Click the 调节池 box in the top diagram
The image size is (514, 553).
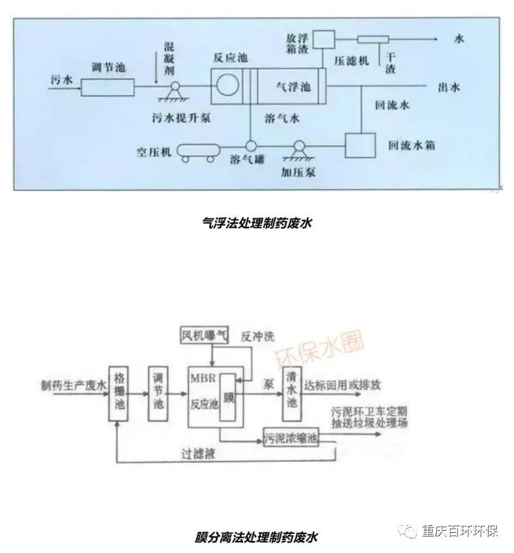108,85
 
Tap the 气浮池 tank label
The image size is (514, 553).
293,87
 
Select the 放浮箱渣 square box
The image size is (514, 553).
321,39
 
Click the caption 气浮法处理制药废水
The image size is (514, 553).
258,223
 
